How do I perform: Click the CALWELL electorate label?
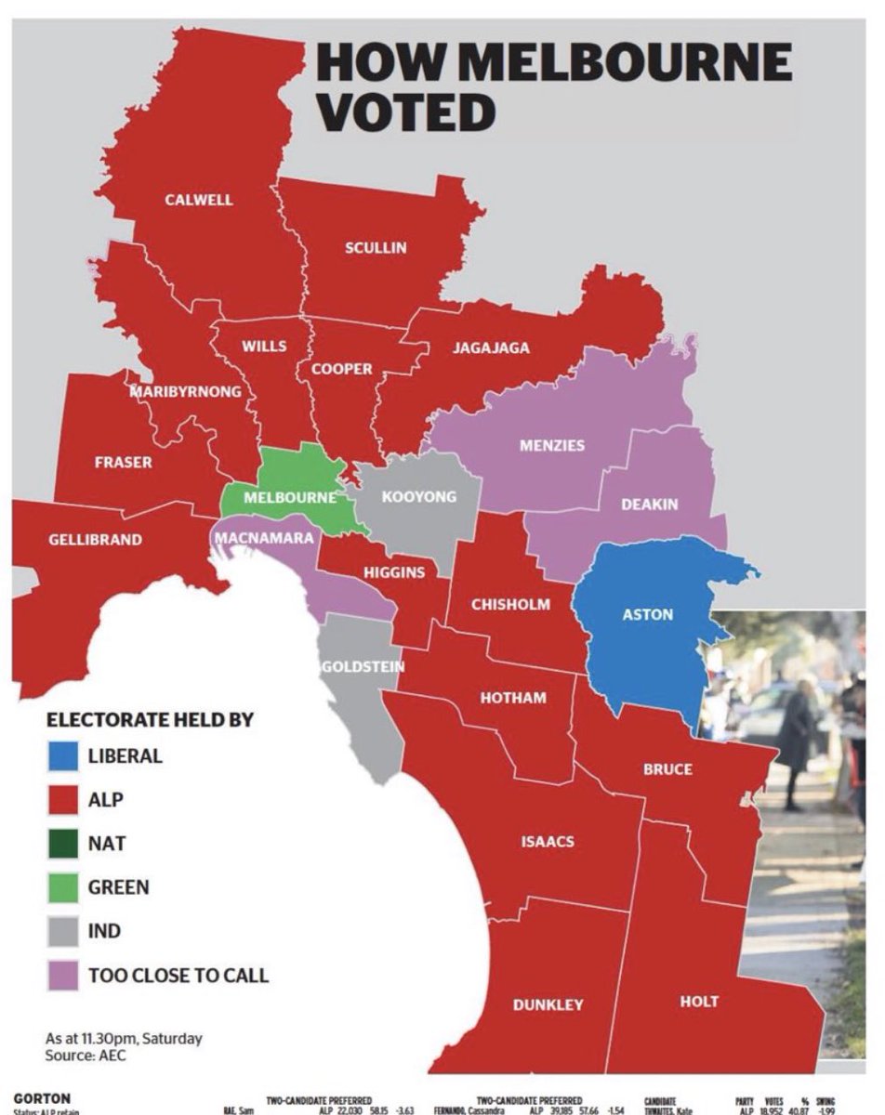pos(199,200)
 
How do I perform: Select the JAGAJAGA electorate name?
pos(491,348)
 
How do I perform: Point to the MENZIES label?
pos(552,445)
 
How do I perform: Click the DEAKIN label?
pos(649,504)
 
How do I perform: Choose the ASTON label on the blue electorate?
pos(647,614)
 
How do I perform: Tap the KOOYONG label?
pos(419,496)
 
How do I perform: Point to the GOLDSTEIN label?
pos(363,666)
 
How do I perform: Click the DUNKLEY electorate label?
pos(548,1003)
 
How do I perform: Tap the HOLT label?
pos(698,1001)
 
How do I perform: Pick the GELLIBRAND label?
pos(95,539)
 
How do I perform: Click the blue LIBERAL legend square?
pos(62,755)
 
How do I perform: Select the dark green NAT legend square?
pos(62,844)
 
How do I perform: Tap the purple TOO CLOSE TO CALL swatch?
pos(62,975)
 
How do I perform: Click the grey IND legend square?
pos(62,931)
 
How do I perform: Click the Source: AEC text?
pos(85,1056)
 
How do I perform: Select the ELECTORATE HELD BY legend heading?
pos(150,719)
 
